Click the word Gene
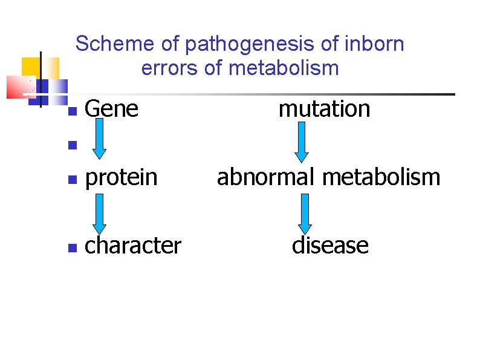pos(112,110)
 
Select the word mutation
pos(324,110)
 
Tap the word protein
pos(121,178)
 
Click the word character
pos(133,246)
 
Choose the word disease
pos(330,246)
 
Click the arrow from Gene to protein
pos(100,143)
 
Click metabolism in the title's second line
pos(284,68)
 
